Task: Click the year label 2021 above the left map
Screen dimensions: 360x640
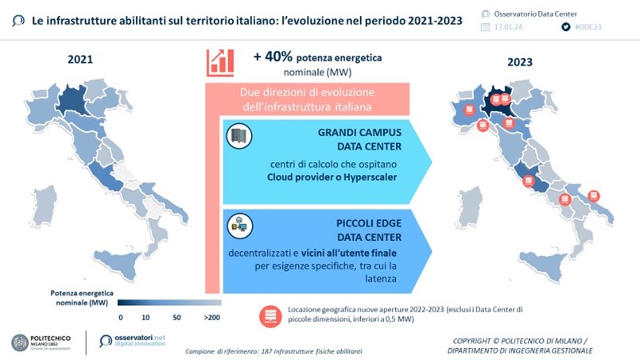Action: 80,60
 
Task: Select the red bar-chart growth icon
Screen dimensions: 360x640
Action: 220,62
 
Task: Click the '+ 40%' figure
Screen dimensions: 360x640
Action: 271,57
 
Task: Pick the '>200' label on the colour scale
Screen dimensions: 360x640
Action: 212,317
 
